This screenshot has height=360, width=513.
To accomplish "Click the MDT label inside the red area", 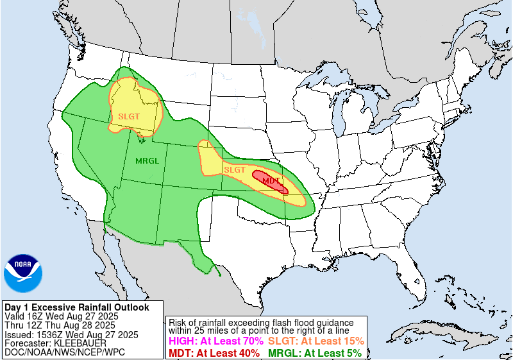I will [x=271, y=181].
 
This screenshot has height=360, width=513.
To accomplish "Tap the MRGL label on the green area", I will [x=147, y=160].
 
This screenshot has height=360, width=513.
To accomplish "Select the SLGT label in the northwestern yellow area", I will [x=129, y=116].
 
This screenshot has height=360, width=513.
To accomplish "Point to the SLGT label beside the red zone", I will [x=234, y=169].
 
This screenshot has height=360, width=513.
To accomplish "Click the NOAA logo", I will [x=22, y=273].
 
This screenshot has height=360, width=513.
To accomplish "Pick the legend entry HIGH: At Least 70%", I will [x=215, y=341].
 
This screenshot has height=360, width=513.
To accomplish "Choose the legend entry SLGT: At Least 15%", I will [x=315, y=341].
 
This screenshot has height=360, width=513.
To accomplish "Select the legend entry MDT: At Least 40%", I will [x=214, y=352].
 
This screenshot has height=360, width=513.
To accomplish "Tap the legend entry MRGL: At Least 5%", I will [x=315, y=352].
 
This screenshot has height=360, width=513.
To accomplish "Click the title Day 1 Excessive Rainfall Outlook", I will [x=76, y=307].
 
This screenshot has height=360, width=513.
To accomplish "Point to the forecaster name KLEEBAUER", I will [x=80, y=343].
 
